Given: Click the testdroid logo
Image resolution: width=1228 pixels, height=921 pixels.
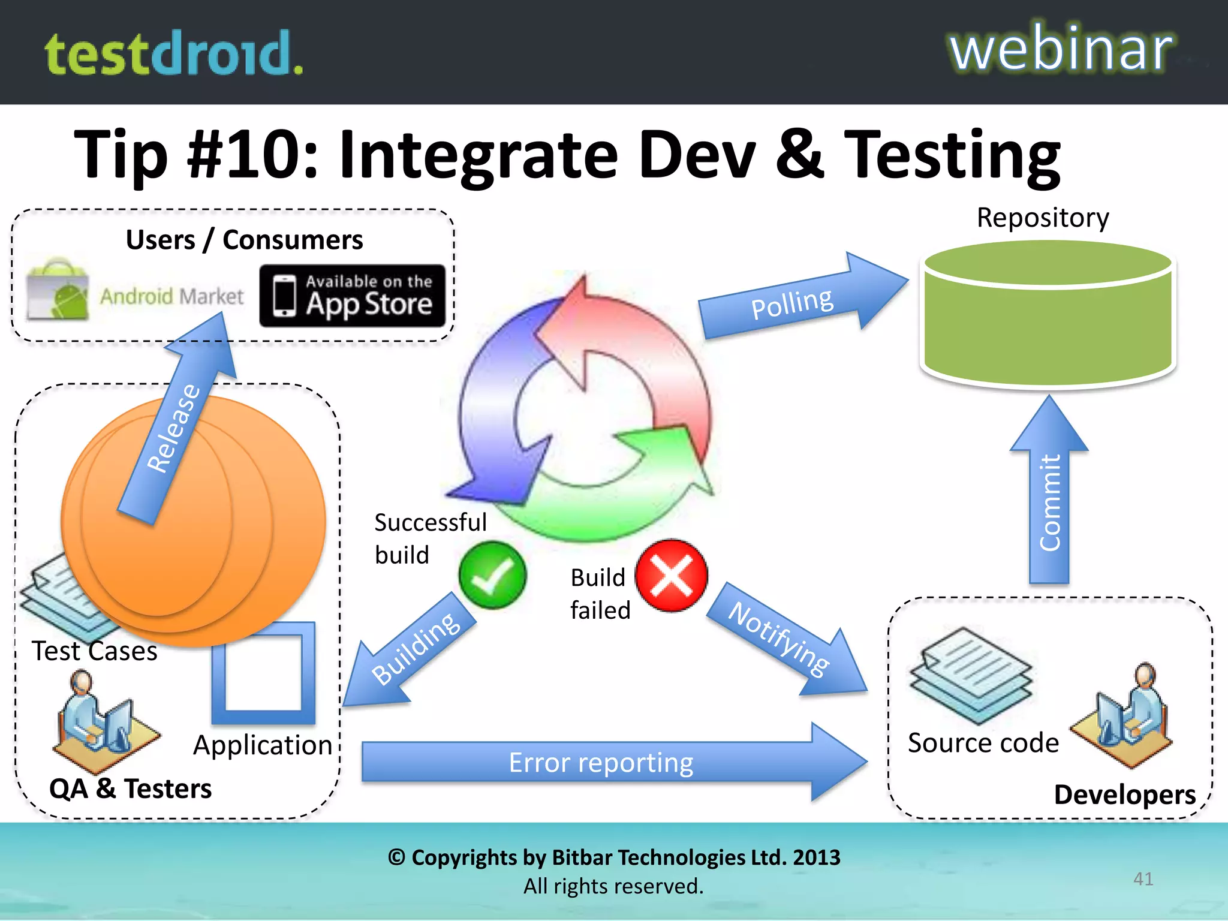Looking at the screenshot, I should tap(174, 54).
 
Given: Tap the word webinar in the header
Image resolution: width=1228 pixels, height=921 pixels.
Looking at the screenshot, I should tap(1060, 49).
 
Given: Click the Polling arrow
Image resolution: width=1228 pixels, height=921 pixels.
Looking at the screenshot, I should tap(797, 300).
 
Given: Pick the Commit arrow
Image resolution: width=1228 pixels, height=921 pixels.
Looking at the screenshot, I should tap(1049, 498).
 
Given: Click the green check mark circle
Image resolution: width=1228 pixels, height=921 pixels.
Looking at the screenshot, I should tap(492, 575).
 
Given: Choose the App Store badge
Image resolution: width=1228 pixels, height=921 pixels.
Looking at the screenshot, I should tap(353, 296).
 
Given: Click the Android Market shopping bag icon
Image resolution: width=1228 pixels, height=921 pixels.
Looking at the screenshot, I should tap(59, 290).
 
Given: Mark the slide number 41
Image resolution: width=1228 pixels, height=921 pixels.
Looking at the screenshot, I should tap(1143, 878).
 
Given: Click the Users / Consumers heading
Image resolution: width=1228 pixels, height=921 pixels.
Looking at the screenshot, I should tap(244, 240).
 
